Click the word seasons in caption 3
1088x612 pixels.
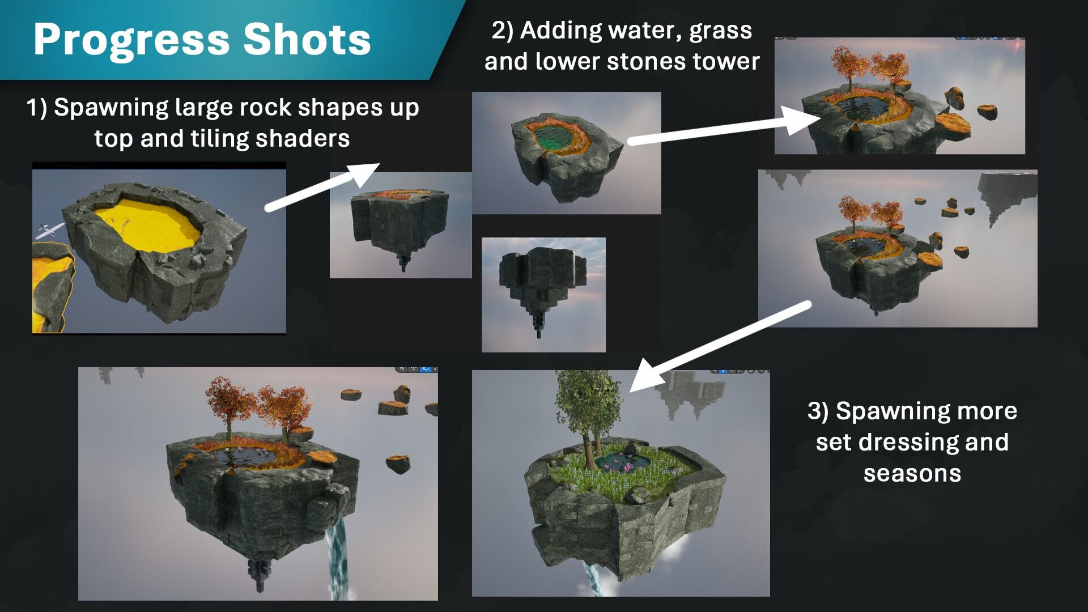912,474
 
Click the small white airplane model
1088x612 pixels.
50,229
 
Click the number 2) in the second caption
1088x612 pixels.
503,31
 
